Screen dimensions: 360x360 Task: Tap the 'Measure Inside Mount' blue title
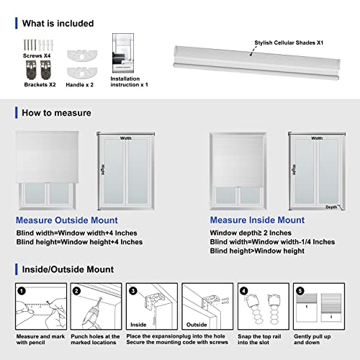click(x=256, y=220)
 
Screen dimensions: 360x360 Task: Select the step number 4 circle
click(x=243, y=292)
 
